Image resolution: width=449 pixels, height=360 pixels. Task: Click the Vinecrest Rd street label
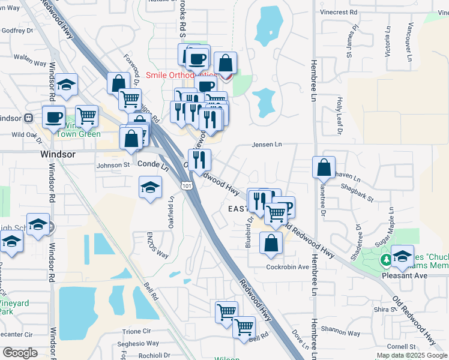(x=339, y=11)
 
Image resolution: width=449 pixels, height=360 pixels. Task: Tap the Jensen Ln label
(x=267, y=145)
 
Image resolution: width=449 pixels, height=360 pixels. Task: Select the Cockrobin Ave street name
(x=288, y=266)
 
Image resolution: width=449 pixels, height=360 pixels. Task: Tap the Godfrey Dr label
(x=16, y=31)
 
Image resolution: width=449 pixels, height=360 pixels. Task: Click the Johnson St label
(x=113, y=164)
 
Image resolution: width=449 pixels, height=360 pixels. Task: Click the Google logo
(x=20, y=352)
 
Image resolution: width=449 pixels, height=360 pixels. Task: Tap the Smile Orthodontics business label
(x=180, y=75)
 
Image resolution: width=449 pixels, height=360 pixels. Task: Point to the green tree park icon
(x=385, y=260)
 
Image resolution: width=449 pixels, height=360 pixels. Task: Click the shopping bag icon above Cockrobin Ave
(x=271, y=242)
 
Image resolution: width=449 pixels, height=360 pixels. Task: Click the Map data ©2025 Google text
(x=411, y=355)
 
